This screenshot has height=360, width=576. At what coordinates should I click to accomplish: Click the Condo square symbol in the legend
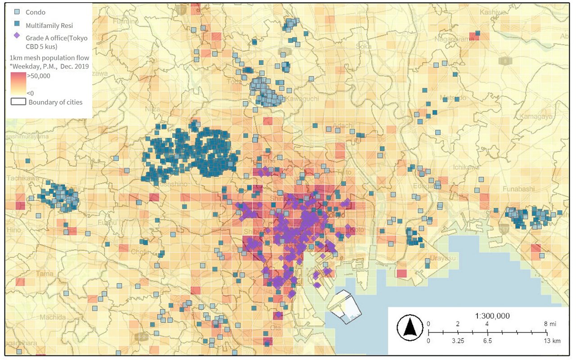point(17,12)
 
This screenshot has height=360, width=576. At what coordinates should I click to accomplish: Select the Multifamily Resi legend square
point(17,26)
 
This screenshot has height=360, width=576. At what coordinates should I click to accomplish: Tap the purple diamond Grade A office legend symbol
point(17,38)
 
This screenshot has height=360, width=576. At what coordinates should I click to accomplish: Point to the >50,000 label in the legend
point(39,76)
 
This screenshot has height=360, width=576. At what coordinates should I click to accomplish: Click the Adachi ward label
point(343,126)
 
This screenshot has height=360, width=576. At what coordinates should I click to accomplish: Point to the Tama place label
point(44,273)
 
